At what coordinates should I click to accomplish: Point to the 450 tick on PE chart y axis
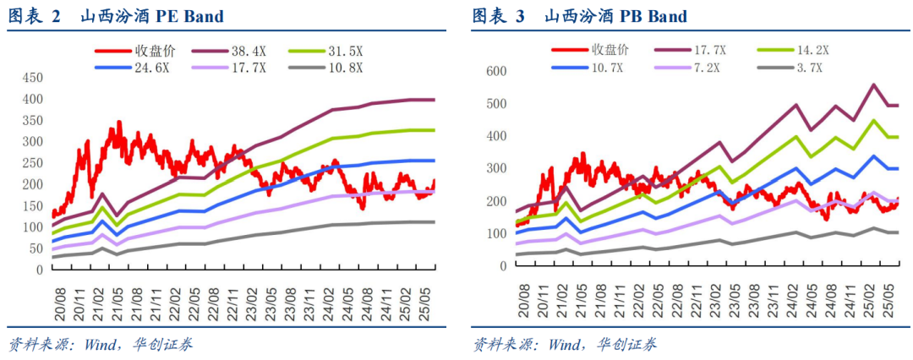pyautogui.click(x=31, y=78)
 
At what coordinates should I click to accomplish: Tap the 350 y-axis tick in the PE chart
pyautogui.click(x=31, y=121)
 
